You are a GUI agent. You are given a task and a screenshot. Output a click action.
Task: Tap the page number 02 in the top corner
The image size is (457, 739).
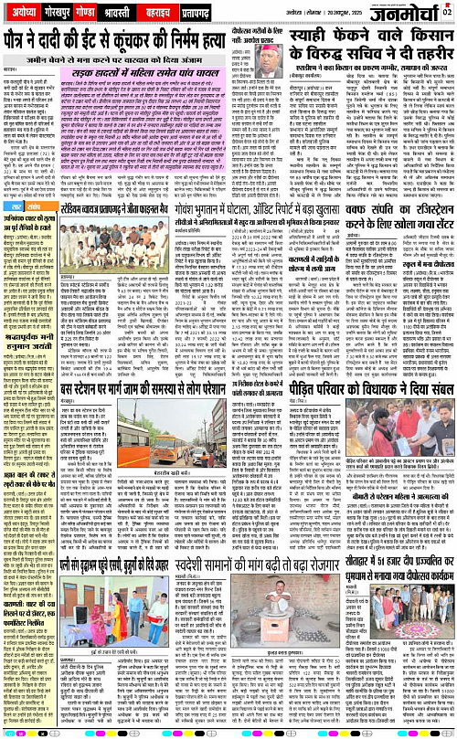pos(447,10)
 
